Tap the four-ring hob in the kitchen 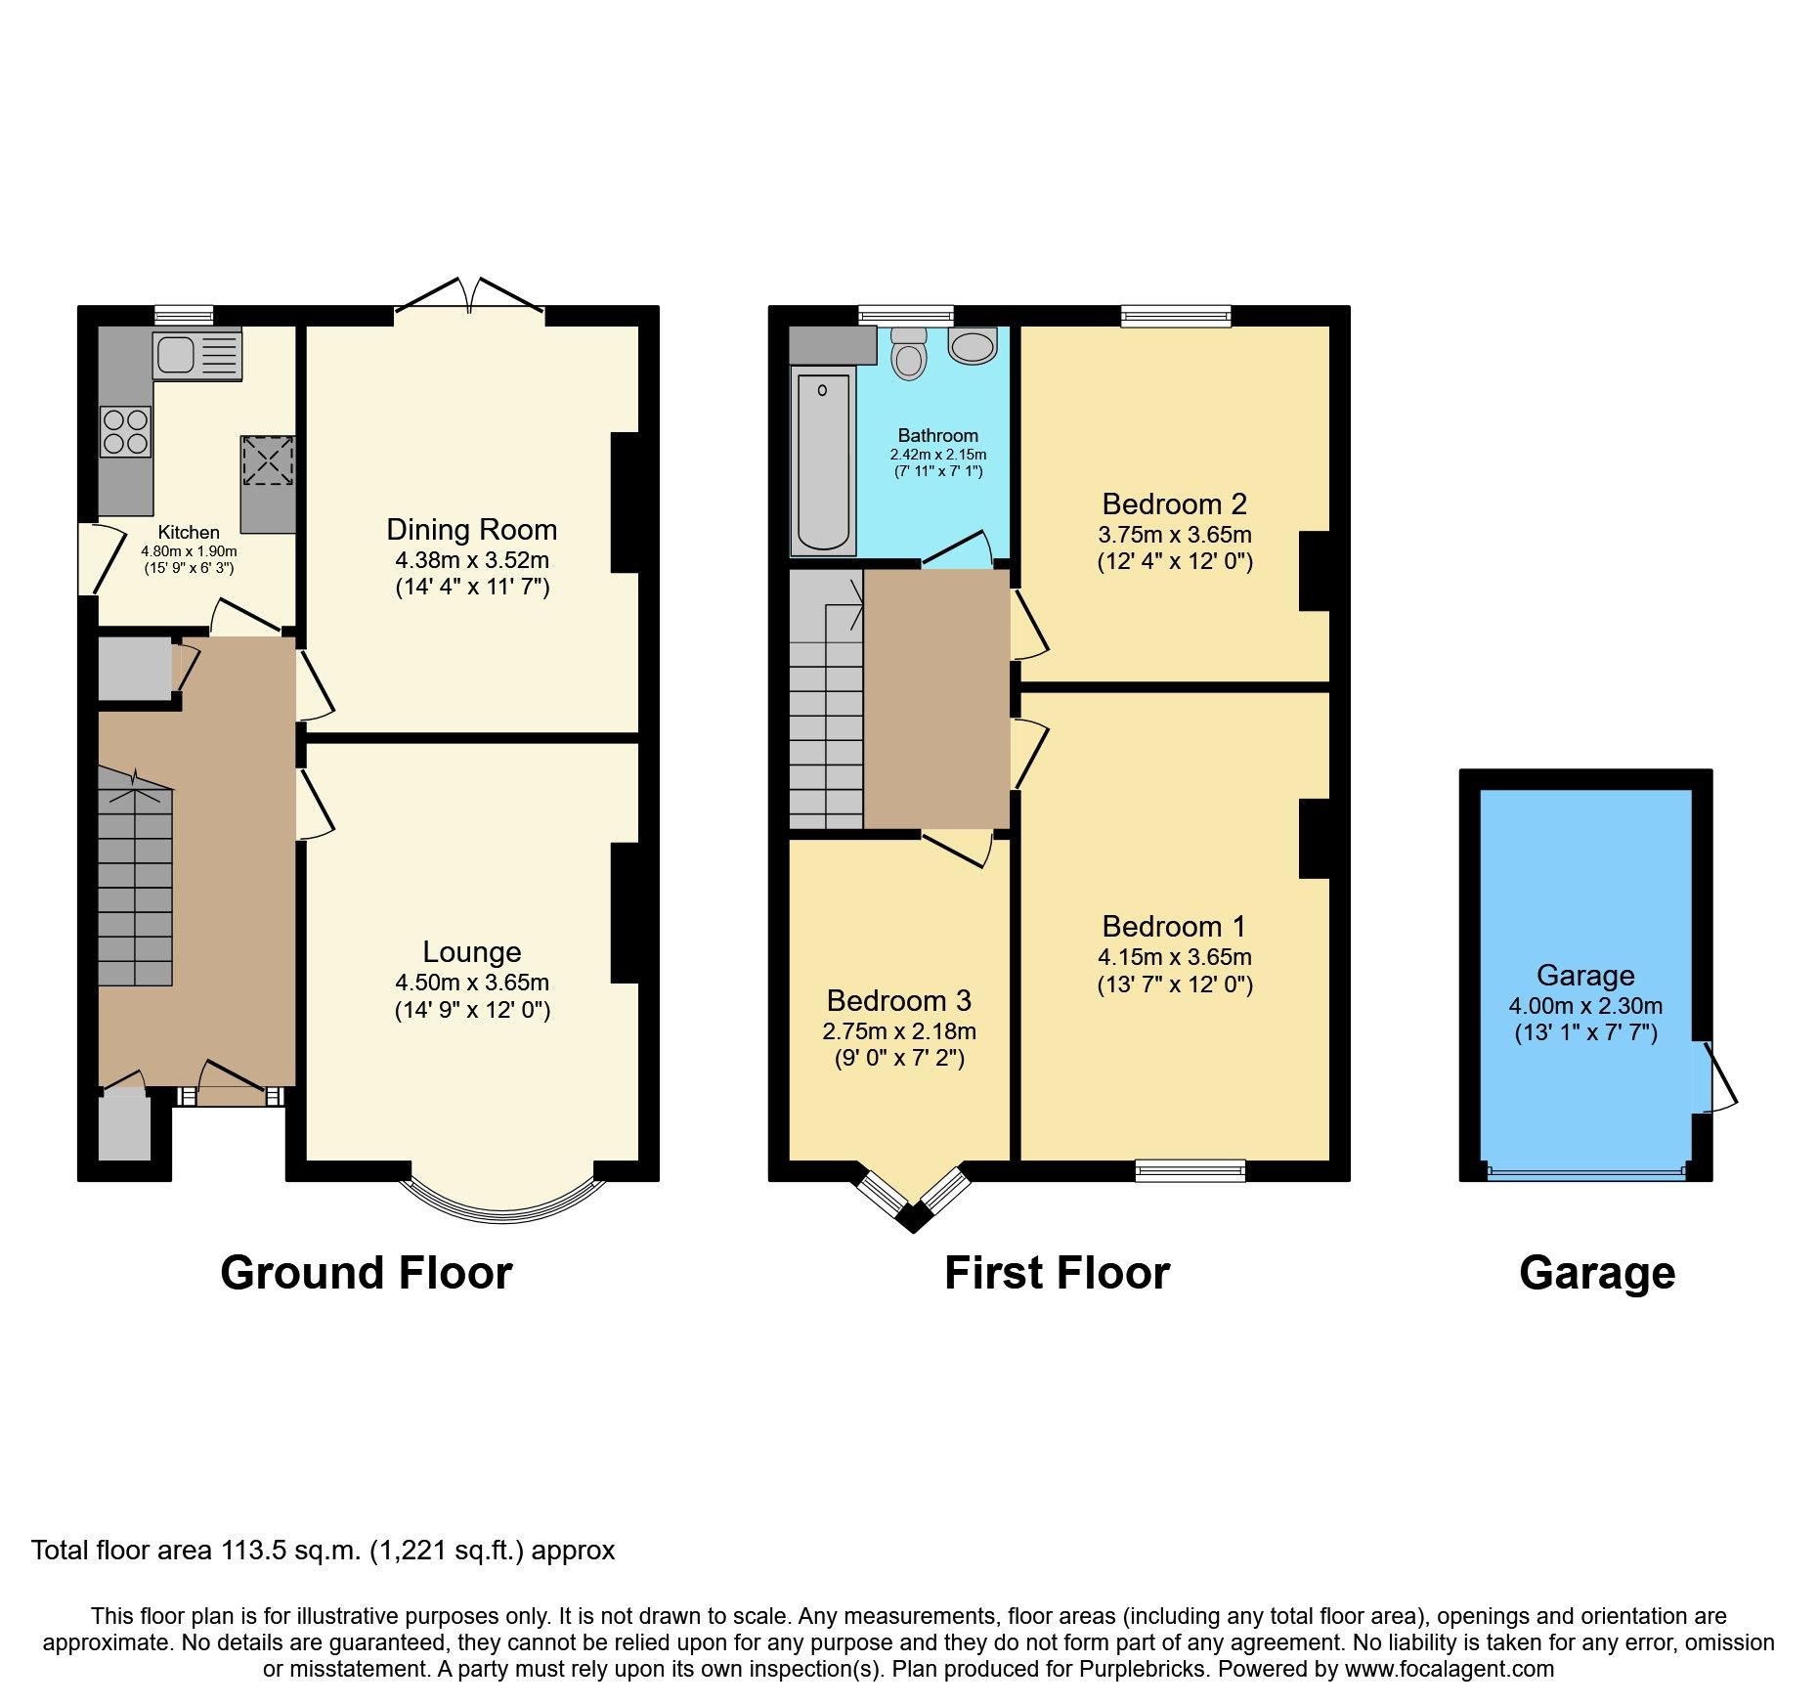coord(125,431)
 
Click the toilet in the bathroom coord(909,353)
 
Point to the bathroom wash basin coord(973,346)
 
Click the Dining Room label coord(471,530)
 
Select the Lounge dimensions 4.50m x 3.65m coord(471,983)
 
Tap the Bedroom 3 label coord(898,1001)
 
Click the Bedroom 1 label coord(1174,927)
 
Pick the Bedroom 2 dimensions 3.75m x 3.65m coord(1174,535)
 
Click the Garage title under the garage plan coord(1596,1274)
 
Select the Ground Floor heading coord(366,1274)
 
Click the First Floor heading coord(1057,1274)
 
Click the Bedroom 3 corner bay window coord(913,1197)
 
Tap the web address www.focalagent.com coord(1449,1669)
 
